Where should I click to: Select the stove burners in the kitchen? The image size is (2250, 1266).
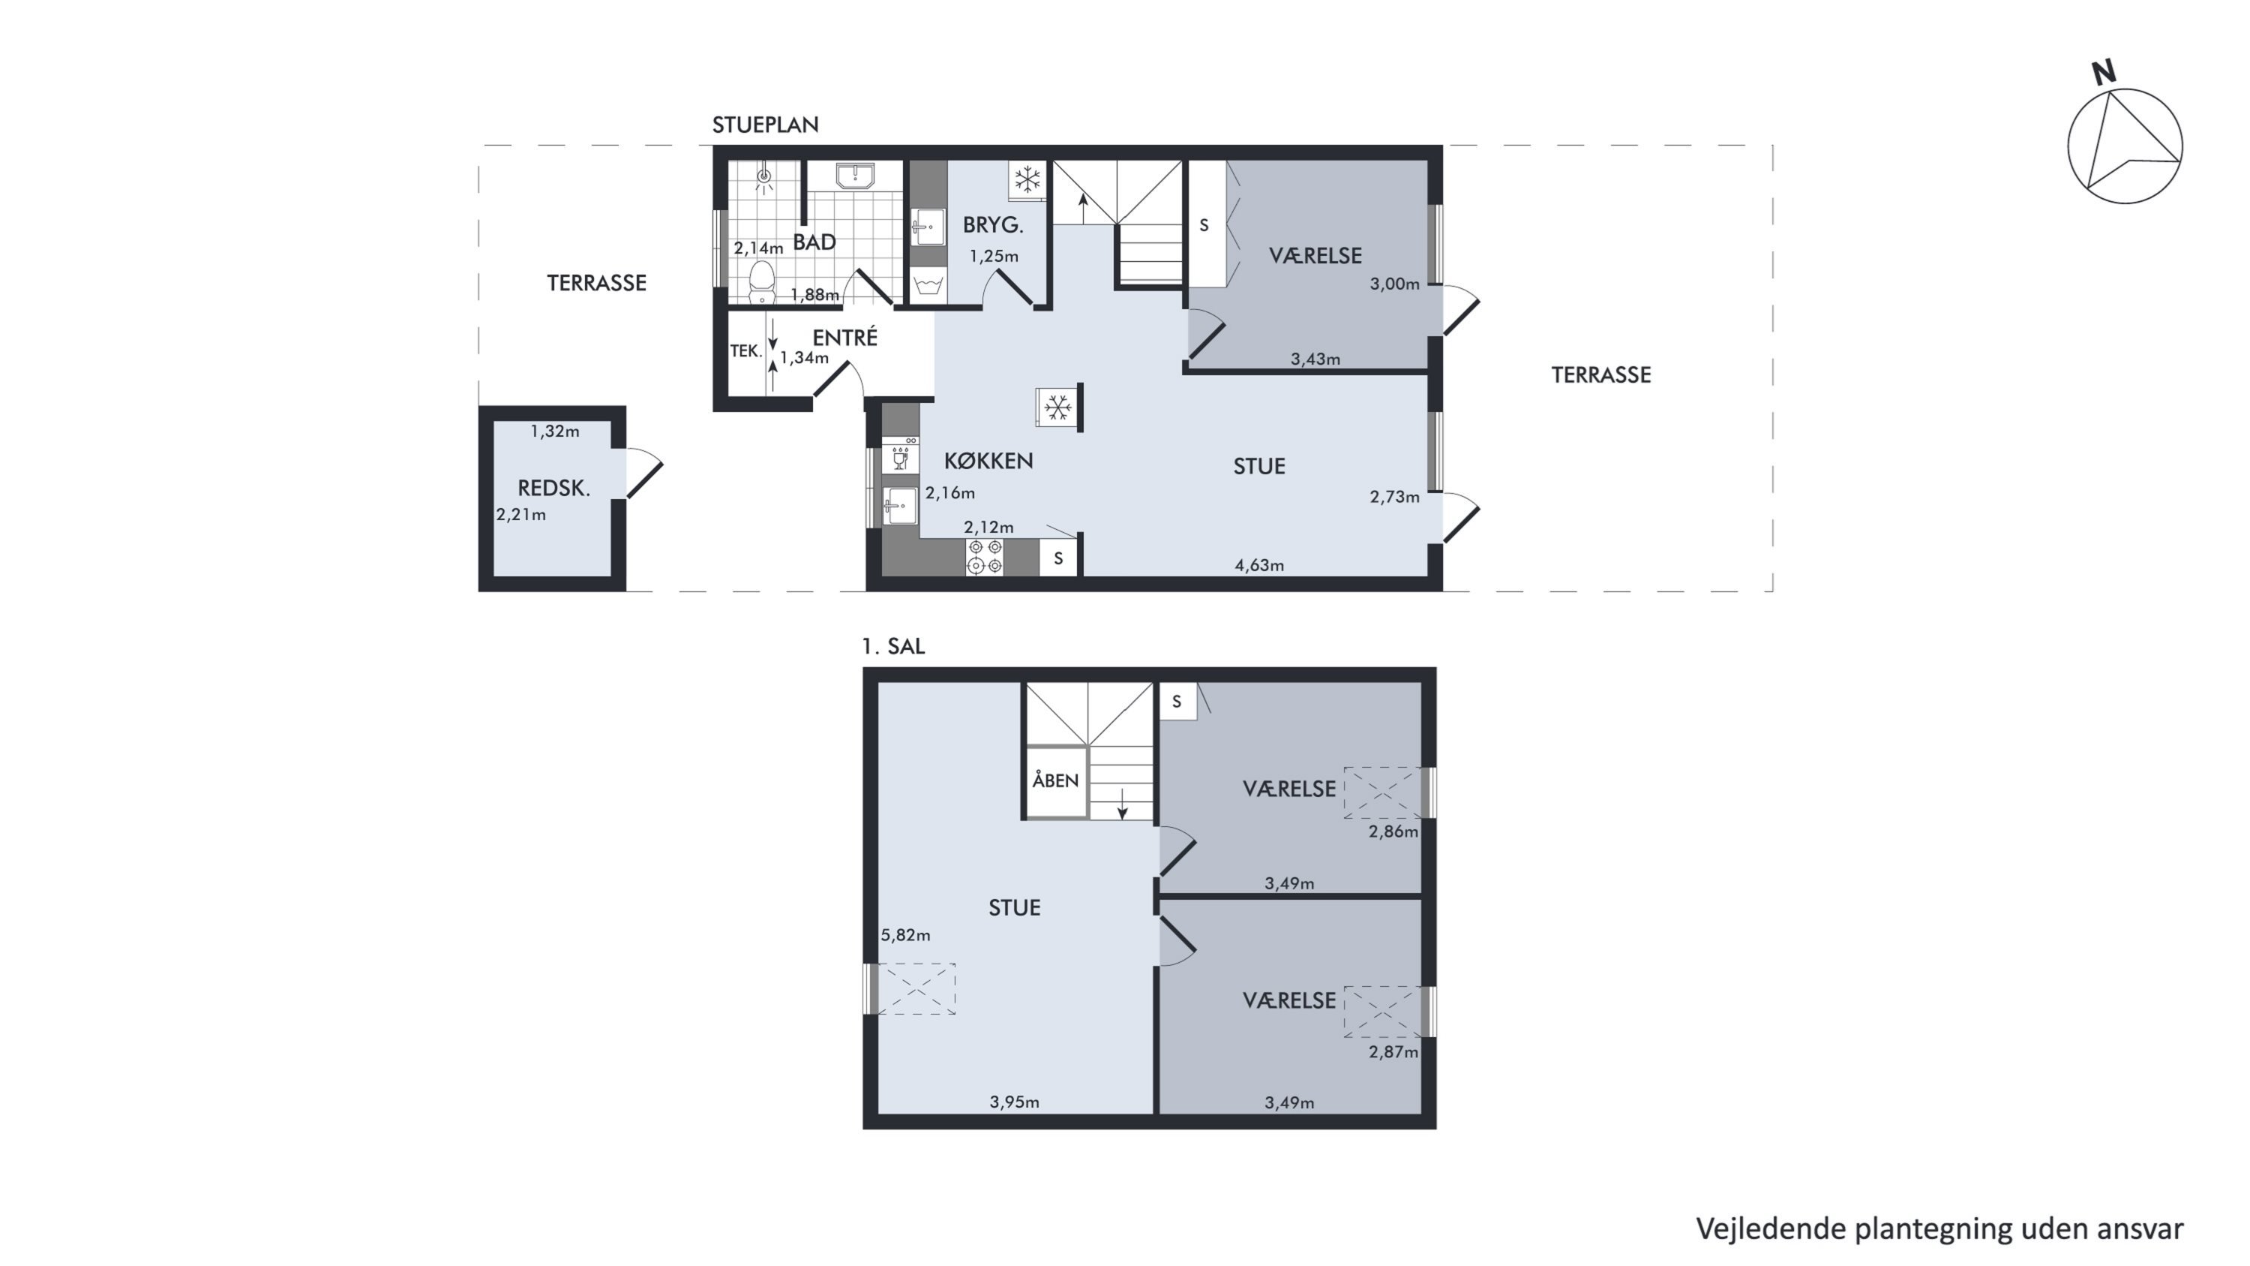984,558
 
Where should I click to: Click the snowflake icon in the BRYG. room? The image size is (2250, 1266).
1027,180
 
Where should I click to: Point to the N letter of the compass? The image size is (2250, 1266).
2104,73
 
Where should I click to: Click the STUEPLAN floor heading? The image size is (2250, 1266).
765,125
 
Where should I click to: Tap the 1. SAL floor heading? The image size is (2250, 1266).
892,647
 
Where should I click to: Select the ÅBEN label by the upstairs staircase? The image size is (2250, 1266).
1055,780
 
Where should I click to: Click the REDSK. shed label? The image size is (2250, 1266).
553,489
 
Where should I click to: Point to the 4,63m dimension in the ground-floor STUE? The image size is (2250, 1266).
1258,565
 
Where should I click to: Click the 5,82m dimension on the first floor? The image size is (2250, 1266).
905,935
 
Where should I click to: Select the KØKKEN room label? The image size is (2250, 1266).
988,461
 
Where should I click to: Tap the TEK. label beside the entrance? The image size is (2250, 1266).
746,351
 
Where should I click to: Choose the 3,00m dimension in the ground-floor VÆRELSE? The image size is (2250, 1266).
1394,283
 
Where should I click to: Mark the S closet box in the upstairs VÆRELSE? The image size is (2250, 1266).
1177,702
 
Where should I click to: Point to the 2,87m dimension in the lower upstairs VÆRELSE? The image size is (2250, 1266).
1393,1052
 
